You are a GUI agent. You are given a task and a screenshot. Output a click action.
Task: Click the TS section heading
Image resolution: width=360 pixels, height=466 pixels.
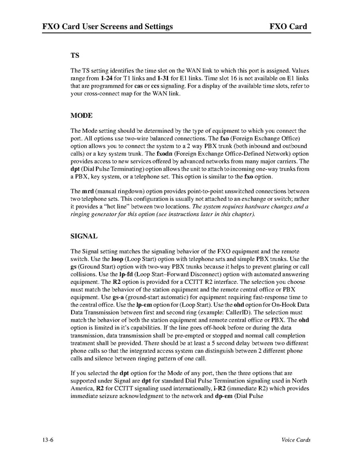[75, 54]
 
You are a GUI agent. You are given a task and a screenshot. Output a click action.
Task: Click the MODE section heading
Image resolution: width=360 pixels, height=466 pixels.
[81, 115]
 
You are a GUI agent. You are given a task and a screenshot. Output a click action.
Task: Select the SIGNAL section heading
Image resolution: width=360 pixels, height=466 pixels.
[84, 236]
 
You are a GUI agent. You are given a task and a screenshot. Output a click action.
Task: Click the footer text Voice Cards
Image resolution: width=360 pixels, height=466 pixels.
[296, 440]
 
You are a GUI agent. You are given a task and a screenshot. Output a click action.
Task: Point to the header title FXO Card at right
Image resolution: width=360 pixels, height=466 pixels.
[288, 26]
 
